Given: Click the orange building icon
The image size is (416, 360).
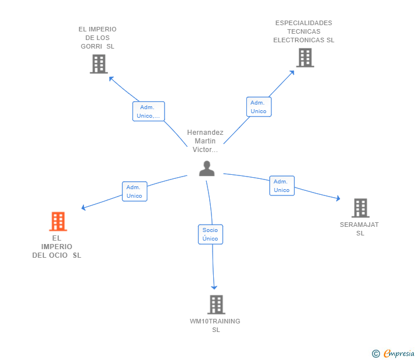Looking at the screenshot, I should pyautogui.click(x=58, y=221).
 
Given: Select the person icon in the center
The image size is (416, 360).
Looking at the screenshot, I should pyautogui.click(x=206, y=168).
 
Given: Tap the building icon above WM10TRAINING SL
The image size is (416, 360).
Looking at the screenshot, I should pyautogui.click(x=216, y=305).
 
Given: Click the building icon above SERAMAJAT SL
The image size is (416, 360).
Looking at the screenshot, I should pyautogui.click(x=360, y=208).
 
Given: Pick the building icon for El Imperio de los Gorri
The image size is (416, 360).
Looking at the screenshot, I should pyautogui.click(x=99, y=63).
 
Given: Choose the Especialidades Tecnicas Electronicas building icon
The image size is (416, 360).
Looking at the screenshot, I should pyautogui.click(x=305, y=58).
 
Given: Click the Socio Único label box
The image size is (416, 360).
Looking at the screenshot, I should pyautogui.click(x=210, y=234).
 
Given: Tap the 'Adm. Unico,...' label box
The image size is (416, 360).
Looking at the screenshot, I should pyautogui.click(x=149, y=111).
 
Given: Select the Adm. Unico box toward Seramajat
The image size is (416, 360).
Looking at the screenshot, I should pyautogui.click(x=282, y=186).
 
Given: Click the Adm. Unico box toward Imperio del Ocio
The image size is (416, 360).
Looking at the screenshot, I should pyautogui.click(x=134, y=191).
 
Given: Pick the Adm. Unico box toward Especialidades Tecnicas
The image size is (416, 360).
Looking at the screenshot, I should pyautogui.click(x=258, y=107).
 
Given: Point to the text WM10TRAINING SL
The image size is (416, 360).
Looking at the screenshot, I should pyautogui.click(x=215, y=325).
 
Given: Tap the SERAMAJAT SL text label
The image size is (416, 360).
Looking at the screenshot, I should pyautogui.click(x=359, y=229).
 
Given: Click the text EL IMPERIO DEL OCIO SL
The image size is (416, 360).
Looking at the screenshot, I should pyautogui.click(x=57, y=246).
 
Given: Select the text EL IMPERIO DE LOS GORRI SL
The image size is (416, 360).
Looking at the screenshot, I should pyautogui.click(x=98, y=38).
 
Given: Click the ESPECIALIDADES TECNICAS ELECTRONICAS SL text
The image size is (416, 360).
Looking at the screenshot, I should pyautogui.click(x=303, y=31).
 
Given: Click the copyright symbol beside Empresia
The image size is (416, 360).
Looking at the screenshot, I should pyautogui.click(x=375, y=354).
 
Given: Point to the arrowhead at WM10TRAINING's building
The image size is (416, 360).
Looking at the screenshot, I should pyautogui.click(x=214, y=287).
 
